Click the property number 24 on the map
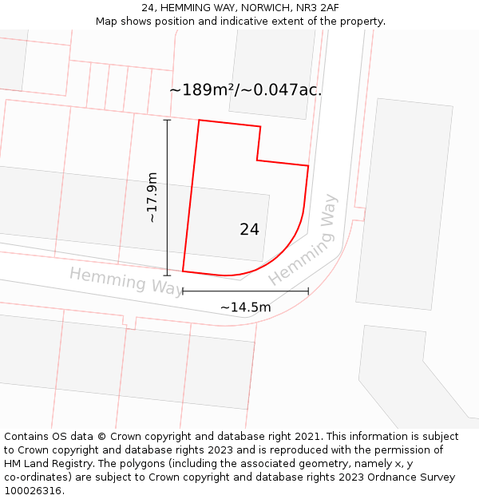pos(249,229)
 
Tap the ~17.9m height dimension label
pos(152,197)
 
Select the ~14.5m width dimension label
pos(245,307)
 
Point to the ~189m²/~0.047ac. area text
pos(245,90)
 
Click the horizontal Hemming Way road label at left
pos(126,281)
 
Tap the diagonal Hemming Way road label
pos(303,240)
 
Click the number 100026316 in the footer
pos(32,491)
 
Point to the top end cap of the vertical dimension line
pos(167,120)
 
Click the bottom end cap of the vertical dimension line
pos(167,275)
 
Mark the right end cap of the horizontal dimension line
pos(308,291)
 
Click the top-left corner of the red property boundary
pos(199,121)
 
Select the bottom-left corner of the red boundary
pos(183,271)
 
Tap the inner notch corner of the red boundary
pos(257,160)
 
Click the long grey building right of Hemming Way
pos(404,204)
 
